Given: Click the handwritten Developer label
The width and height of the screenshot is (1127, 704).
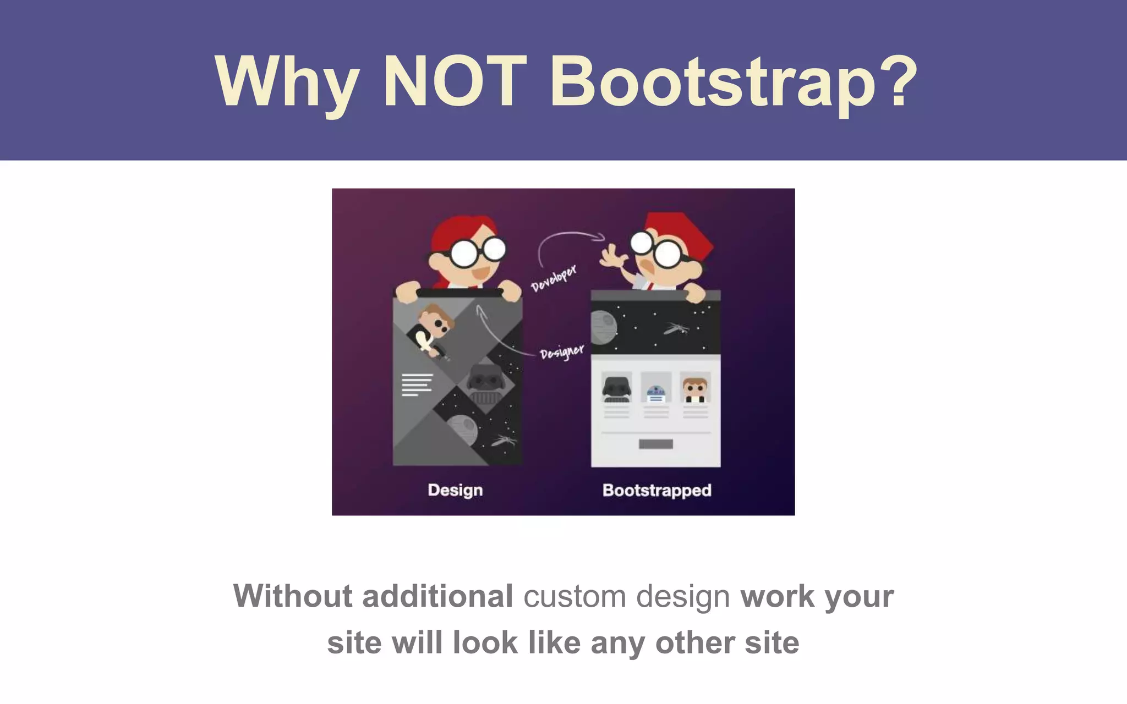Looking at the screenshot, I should tap(554, 278).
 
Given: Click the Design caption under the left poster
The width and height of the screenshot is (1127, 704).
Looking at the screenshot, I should tap(455, 490).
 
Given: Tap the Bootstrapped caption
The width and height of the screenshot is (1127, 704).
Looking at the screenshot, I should tap(656, 490).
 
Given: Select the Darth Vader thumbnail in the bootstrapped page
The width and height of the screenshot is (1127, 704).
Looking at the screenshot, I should tap(616, 388).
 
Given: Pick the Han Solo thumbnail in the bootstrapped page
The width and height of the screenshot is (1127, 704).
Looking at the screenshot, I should tap(695, 388).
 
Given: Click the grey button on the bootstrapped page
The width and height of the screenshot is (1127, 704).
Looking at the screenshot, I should tap(656, 444).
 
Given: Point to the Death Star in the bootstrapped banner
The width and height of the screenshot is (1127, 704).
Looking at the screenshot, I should tap(603, 328).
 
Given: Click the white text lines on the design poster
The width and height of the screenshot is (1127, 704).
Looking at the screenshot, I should tap(417, 384).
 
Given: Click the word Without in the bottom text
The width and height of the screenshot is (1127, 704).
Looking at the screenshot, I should tap(292, 596).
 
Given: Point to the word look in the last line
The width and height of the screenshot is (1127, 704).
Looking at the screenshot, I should tap(485, 642).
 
